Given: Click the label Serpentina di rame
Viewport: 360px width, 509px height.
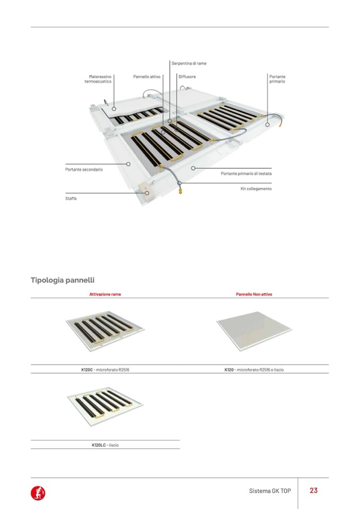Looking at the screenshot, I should point(189,64).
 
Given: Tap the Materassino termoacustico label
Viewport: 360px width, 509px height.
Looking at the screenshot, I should point(98,79).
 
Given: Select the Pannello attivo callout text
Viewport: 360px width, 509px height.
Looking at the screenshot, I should point(147,77).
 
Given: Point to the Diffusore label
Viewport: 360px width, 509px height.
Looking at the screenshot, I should point(187,77).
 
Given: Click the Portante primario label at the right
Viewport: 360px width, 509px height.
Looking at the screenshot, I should point(277,79).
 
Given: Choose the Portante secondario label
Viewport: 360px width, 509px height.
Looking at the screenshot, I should point(80,169).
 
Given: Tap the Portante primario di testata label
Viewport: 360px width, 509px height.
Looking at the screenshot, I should point(246,174).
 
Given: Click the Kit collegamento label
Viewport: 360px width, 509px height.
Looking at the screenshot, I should point(256,188).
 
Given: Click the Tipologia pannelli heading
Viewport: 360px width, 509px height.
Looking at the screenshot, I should point(63,280).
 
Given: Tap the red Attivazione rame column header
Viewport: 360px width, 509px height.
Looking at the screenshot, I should point(105,294).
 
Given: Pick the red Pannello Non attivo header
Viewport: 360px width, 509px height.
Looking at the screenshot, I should point(254,294).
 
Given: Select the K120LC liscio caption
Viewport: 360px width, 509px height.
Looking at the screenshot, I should point(105,445).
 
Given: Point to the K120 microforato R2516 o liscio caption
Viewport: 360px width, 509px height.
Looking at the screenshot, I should point(254,369).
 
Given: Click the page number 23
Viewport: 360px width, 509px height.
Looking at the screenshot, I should point(313,490).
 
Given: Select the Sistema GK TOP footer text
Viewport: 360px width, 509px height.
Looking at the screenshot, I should point(270,491).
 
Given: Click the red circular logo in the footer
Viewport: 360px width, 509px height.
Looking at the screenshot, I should point(38,493).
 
